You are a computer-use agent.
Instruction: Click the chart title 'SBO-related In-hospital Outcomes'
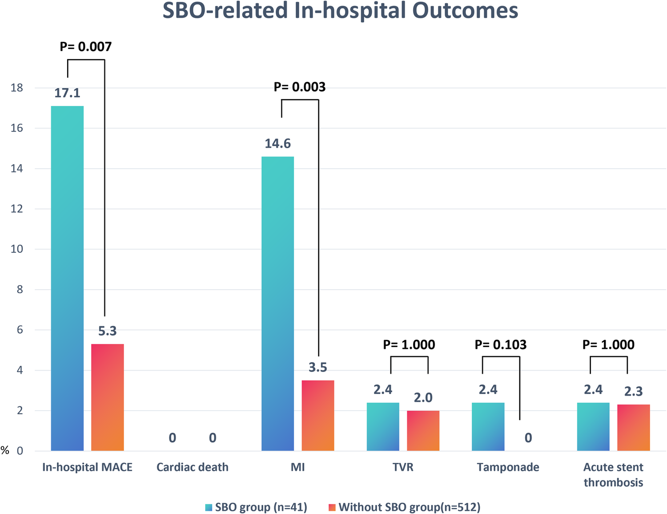[x=340, y=11]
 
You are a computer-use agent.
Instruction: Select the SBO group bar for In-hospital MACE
[x=67, y=278]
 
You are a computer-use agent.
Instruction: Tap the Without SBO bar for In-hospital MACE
[x=107, y=397]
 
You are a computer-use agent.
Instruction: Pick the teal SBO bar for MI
[x=277, y=304]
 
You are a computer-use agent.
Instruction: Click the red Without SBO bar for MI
[x=317, y=415]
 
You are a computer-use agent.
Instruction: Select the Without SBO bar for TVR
[x=423, y=430]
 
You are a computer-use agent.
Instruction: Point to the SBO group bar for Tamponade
[x=488, y=426]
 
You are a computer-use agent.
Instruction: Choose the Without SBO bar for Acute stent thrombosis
[x=633, y=427]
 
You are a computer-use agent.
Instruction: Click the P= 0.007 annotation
[x=86, y=47]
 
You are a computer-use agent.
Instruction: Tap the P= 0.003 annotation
[x=300, y=87]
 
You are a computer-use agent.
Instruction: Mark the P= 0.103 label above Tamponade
[x=501, y=345]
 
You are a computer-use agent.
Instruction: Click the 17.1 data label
[x=67, y=93]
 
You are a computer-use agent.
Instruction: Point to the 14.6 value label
[x=277, y=144]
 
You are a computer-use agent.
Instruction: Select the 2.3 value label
[x=633, y=391]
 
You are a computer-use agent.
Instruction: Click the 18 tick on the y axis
[x=17, y=88]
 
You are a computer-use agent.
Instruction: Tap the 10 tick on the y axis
[x=17, y=249]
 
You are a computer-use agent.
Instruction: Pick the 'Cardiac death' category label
[x=193, y=467]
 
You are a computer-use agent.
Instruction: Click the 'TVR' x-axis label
[x=403, y=467]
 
